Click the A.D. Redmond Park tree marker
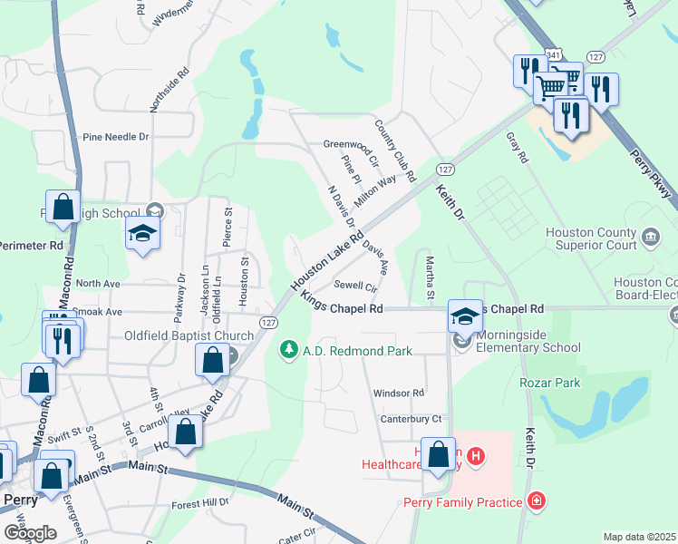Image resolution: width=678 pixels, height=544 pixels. point(289,350)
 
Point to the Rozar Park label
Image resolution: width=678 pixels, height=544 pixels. point(549,383)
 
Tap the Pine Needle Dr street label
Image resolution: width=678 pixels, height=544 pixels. point(115,137)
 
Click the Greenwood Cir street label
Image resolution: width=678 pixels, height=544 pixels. point(351,144)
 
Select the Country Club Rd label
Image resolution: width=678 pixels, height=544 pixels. point(394,150)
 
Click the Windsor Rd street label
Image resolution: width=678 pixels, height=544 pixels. point(399,393)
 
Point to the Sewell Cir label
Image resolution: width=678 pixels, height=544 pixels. point(355,286)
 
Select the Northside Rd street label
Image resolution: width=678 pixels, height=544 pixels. point(169,88)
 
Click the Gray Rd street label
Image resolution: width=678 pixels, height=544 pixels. point(518,147)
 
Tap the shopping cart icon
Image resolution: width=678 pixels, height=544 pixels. point(551,88)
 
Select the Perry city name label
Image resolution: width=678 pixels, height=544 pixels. point(20,500)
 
